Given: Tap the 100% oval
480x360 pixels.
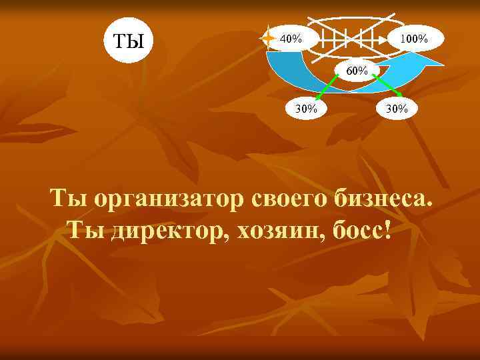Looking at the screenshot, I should coord(413,38).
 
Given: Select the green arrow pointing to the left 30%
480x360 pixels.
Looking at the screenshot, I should coord(326,87).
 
